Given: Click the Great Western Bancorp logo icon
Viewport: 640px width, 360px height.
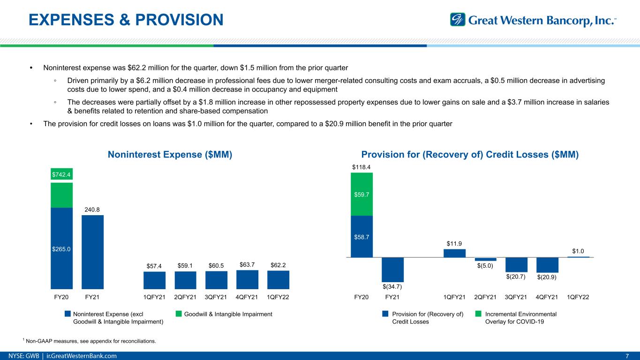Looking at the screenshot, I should coord(458,20).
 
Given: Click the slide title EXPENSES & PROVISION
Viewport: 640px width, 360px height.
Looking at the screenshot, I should coord(126,20).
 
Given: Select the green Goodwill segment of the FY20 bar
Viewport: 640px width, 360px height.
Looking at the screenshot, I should coord(61,195).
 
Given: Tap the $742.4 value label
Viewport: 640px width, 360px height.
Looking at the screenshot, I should coord(61,174).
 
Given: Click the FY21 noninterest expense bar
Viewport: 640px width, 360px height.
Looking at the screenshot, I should coord(92,252).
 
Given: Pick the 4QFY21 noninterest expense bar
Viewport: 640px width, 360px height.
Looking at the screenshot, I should coord(247,280).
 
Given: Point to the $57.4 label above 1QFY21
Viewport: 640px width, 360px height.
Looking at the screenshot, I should coord(154,266).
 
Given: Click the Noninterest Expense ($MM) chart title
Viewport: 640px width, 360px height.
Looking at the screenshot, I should coord(170,155).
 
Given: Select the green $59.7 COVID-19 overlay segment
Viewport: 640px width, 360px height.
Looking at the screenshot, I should coord(361,194).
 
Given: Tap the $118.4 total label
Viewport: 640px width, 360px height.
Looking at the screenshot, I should coord(361,166).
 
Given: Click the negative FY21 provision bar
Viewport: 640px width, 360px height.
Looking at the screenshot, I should coord(392,270).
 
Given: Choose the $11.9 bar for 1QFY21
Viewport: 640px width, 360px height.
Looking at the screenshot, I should coord(454,253).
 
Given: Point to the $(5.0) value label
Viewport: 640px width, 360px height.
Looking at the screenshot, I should coord(485,266).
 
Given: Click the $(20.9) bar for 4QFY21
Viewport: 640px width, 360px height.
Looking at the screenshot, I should coord(547,265).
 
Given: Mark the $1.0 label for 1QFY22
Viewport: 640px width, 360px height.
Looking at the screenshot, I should coord(578,251).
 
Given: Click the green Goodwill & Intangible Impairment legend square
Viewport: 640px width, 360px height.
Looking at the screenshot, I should coord(179,314).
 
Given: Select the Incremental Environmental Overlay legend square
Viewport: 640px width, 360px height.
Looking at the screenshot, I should coord(478,314).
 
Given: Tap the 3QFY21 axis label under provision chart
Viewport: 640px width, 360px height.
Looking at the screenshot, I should coord(516,297).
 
